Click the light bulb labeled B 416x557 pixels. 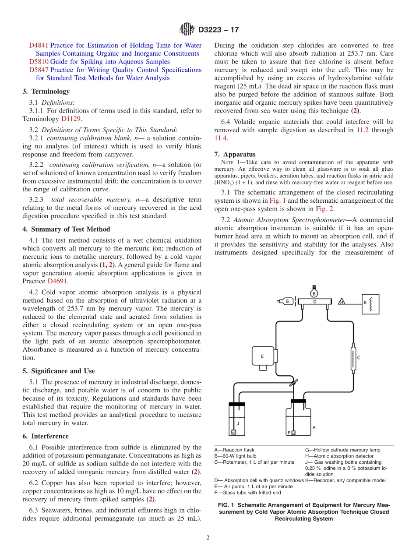tap(314, 293)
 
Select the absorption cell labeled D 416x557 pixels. tap(314, 302)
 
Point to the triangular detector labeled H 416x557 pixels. tap(341, 302)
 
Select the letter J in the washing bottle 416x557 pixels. tap(238, 423)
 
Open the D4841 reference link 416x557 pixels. tap(39, 45)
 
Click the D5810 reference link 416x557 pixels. tap(39, 62)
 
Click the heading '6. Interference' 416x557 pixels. tap(46, 436)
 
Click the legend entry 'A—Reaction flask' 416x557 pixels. tap(234, 450)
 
